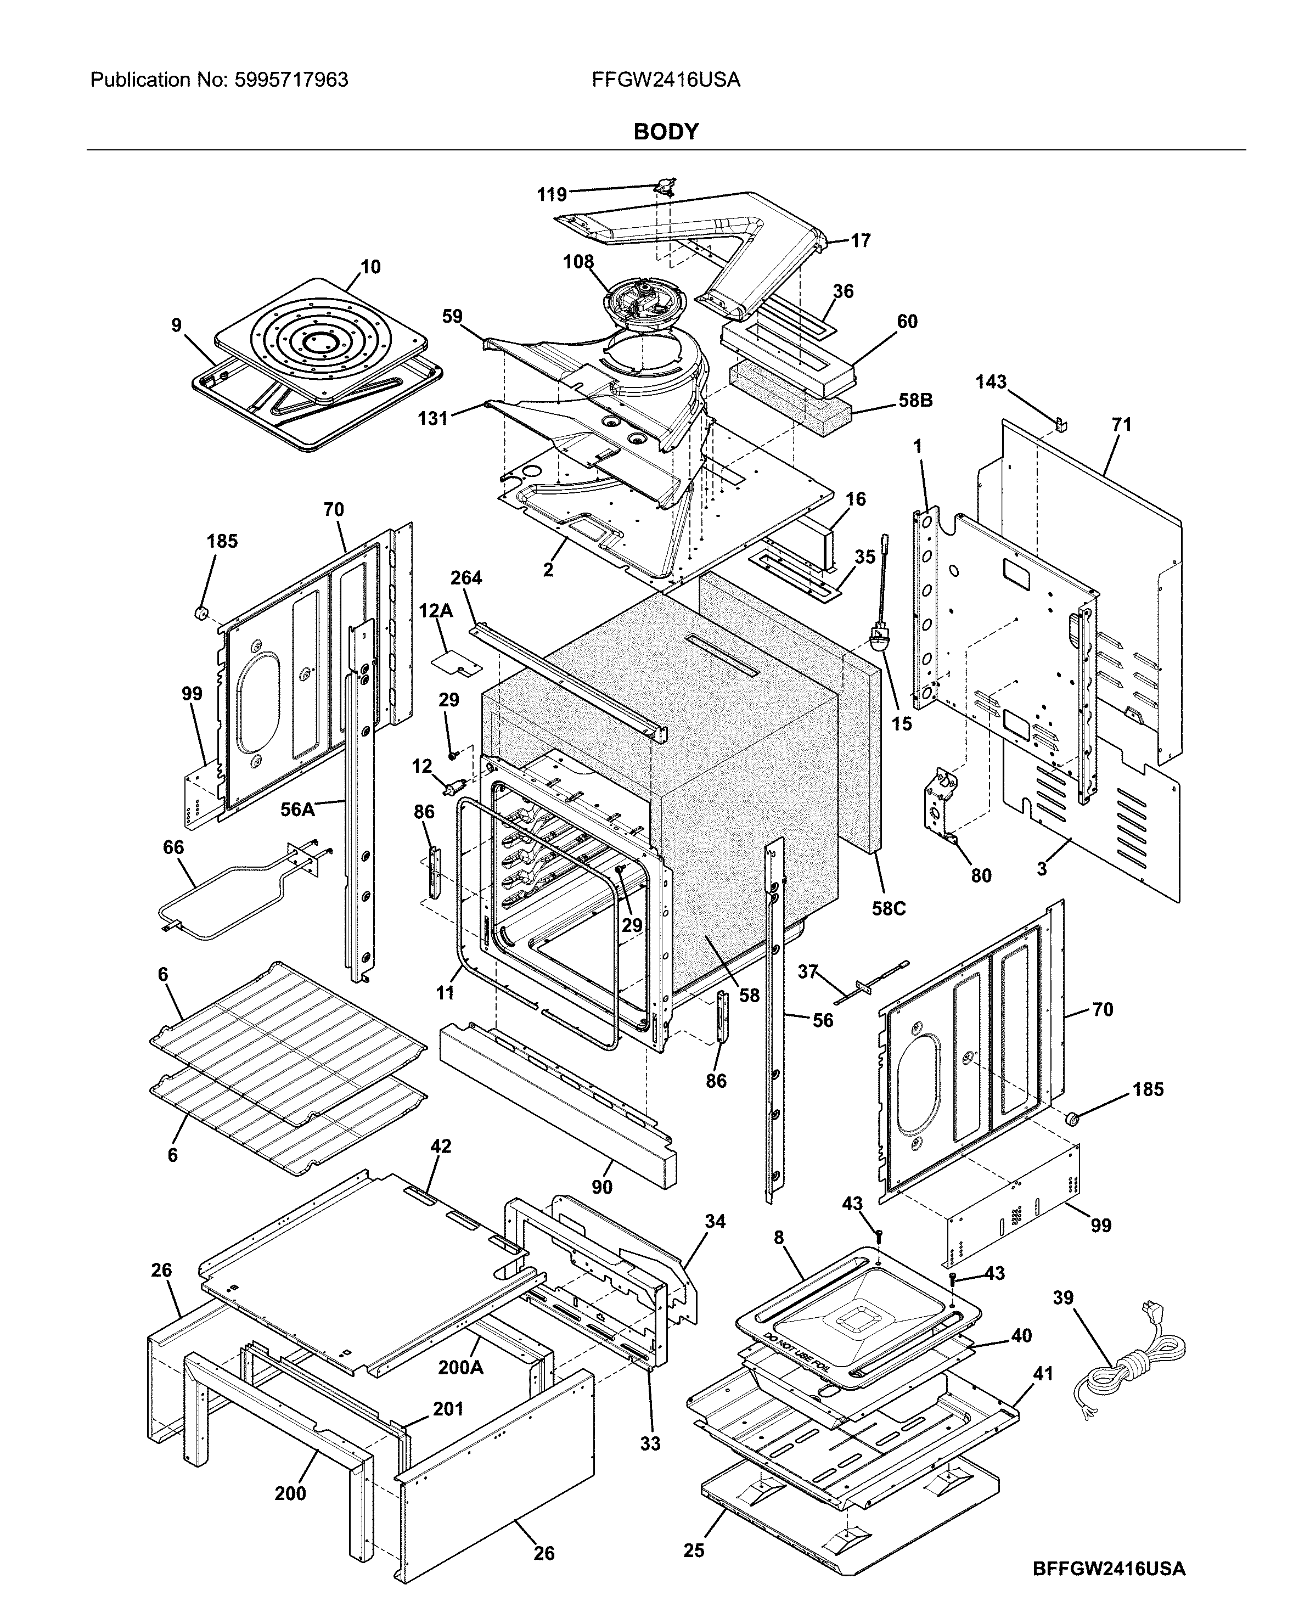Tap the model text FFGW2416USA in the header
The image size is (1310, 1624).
666,80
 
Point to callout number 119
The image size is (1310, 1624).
552,195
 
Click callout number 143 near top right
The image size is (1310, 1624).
991,382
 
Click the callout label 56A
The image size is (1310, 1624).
297,810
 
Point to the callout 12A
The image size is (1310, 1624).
435,610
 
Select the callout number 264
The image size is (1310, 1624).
466,577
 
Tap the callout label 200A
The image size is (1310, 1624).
460,1368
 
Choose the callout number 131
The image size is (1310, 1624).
433,418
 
